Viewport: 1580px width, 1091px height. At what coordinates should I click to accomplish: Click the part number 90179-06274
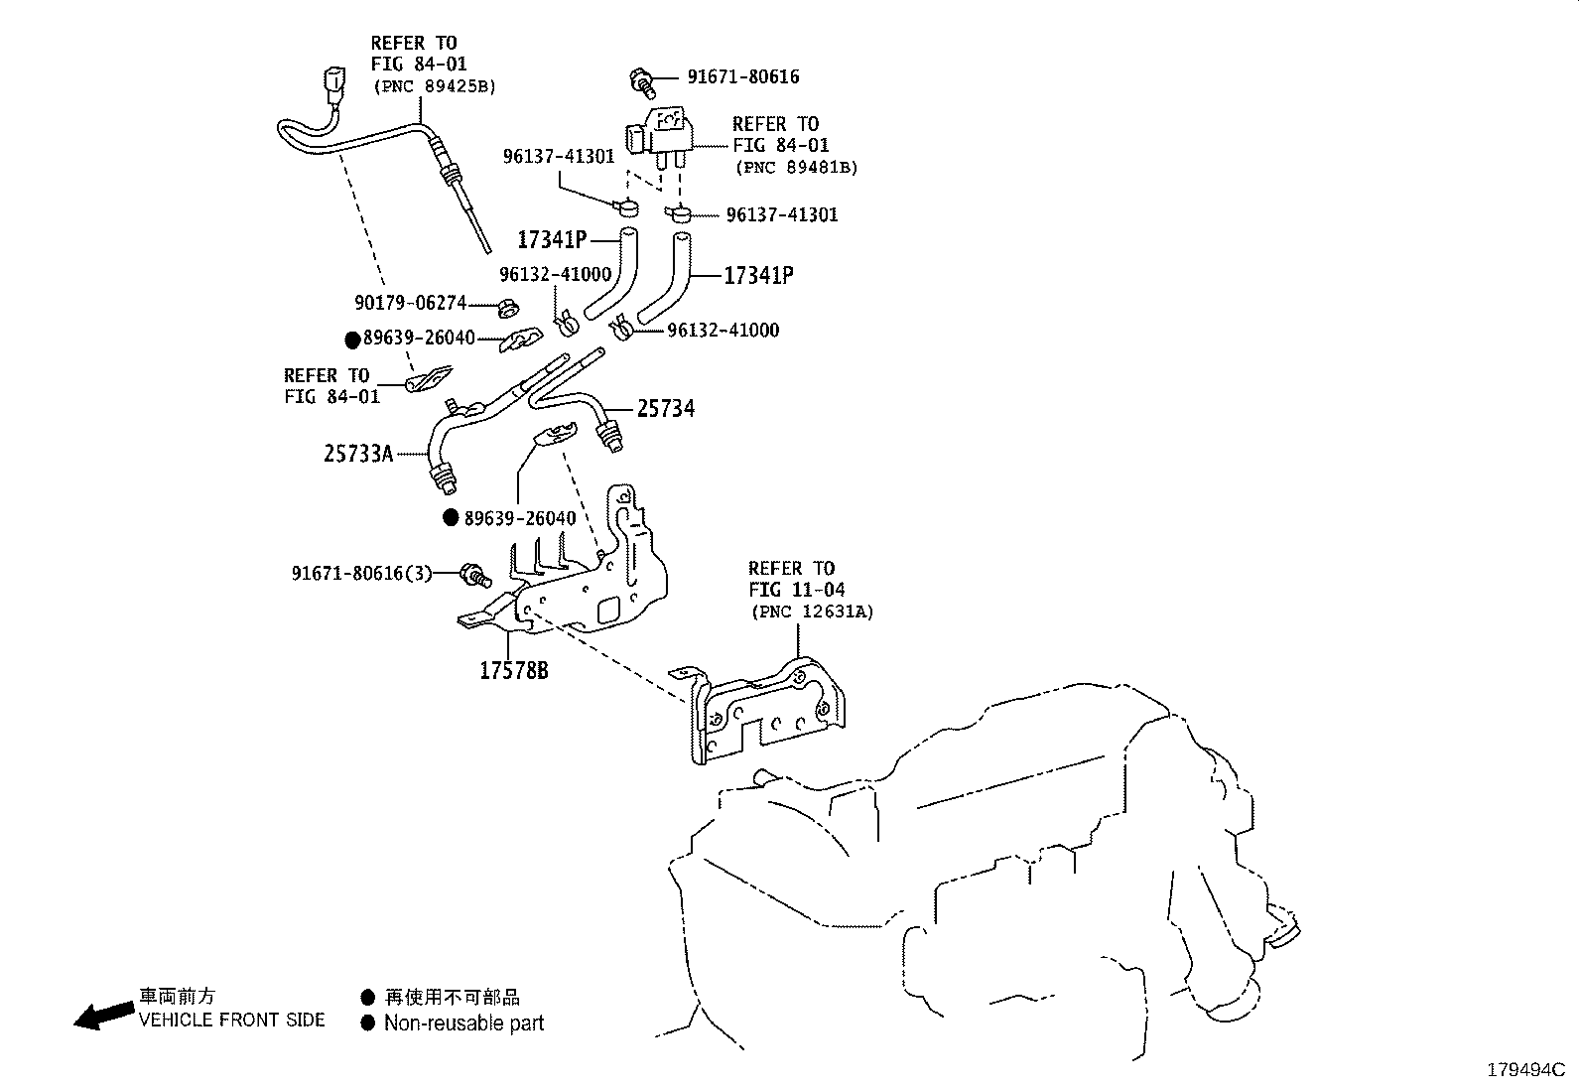coord(410,303)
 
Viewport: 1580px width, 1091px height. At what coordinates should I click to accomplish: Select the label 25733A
coord(358,455)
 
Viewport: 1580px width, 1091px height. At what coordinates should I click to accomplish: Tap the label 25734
coord(665,409)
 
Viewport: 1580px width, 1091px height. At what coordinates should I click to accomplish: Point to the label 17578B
coord(513,671)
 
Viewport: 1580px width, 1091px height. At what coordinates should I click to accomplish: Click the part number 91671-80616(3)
coord(362,574)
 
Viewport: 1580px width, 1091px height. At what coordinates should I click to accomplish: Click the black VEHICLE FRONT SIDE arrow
coord(104,1015)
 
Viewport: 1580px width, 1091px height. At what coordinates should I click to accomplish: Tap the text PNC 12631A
coord(812,613)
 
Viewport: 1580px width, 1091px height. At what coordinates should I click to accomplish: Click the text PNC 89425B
coord(434,86)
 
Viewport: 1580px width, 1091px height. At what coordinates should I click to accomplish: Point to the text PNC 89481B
coord(796,168)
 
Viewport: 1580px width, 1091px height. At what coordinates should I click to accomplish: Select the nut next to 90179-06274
coord(505,305)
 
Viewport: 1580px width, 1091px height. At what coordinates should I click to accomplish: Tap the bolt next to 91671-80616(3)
coord(476,573)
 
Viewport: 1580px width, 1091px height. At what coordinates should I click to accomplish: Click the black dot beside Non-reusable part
coord(368,1023)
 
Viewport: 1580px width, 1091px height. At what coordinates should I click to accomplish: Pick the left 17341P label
coord(552,240)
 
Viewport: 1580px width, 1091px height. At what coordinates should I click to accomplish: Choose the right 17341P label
coord(758,276)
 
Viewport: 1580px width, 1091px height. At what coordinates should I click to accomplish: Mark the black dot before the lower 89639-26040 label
coord(451,517)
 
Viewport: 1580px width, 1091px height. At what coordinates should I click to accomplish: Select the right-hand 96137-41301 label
coord(781,215)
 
